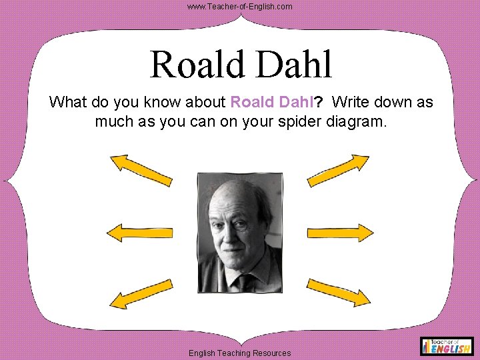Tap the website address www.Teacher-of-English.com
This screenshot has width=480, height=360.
tap(239, 6)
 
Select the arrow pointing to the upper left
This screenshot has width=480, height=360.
tap(141, 169)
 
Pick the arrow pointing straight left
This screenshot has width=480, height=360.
tap(140, 232)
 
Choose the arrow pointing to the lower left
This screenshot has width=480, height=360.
tap(141, 294)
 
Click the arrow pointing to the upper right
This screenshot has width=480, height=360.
tap(339, 169)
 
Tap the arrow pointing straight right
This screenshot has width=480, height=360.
tap(340, 232)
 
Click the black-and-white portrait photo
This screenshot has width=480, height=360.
tap(240, 233)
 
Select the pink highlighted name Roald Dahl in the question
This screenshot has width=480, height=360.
tap(271, 103)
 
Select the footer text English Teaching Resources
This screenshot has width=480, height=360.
tap(239, 353)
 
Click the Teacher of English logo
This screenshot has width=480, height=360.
tap(447, 345)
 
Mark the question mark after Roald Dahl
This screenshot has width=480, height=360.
tap(319, 103)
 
